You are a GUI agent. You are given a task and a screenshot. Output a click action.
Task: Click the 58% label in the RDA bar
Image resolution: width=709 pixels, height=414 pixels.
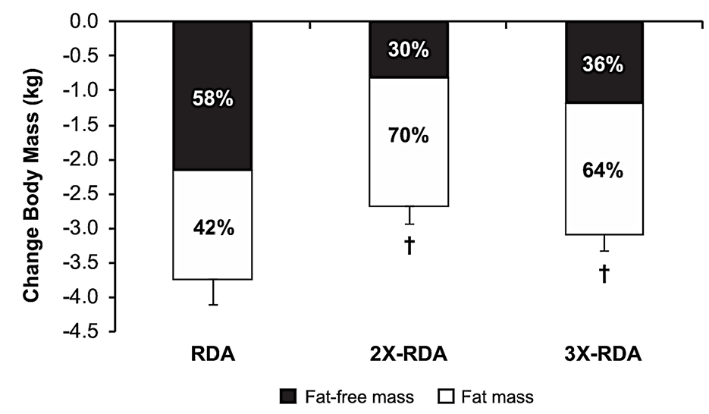point(212,100)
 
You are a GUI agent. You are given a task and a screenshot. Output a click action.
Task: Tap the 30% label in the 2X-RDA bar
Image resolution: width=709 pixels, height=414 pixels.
point(409,51)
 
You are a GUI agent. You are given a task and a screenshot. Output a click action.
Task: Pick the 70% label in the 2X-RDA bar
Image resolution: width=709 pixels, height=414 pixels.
point(409,136)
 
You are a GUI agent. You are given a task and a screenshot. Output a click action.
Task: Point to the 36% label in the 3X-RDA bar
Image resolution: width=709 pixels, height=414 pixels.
point(604,64)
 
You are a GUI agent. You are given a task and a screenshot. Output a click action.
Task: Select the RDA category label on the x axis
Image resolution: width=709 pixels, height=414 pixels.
point(212,355)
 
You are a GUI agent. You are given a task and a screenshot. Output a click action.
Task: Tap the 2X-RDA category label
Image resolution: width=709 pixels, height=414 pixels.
point(409,355)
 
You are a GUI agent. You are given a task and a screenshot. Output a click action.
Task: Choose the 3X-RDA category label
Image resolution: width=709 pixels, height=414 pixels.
point(604,355)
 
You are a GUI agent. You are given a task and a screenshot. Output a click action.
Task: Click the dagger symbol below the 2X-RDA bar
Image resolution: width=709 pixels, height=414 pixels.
point(409,246)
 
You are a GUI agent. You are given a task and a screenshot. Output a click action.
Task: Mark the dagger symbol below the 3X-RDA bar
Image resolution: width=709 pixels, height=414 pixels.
point(604,274)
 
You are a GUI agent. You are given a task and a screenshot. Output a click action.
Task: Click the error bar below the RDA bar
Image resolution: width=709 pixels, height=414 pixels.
point(212,293)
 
